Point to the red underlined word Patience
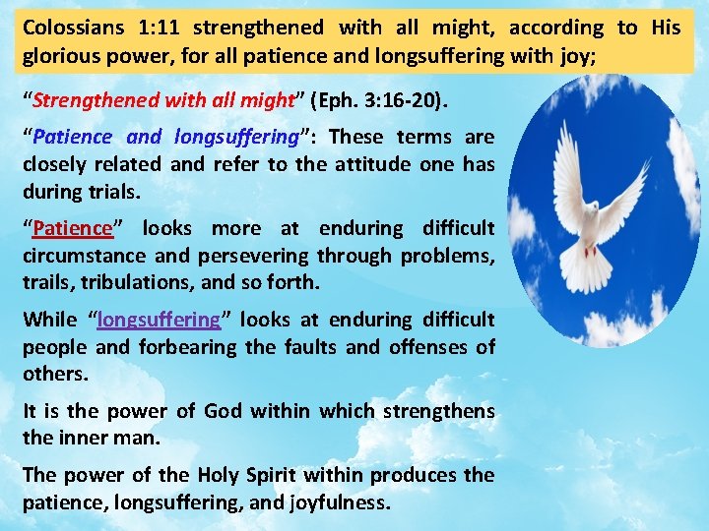[x=73, y=228]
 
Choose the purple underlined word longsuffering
[x=159, y=319]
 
